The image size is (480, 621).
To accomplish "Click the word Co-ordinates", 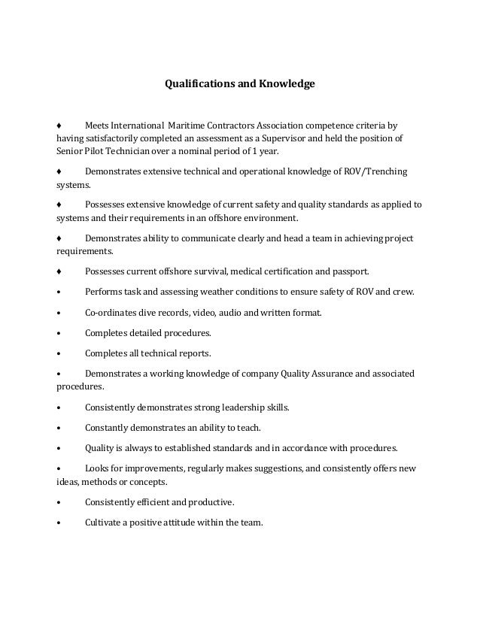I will [x=111, y=311].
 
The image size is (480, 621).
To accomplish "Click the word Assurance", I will [x=328, y=374].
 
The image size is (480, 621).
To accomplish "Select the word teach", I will [x=247, y=428].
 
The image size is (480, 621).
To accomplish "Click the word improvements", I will [x=156, y=468].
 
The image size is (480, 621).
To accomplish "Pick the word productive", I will [x=213, y=501].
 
